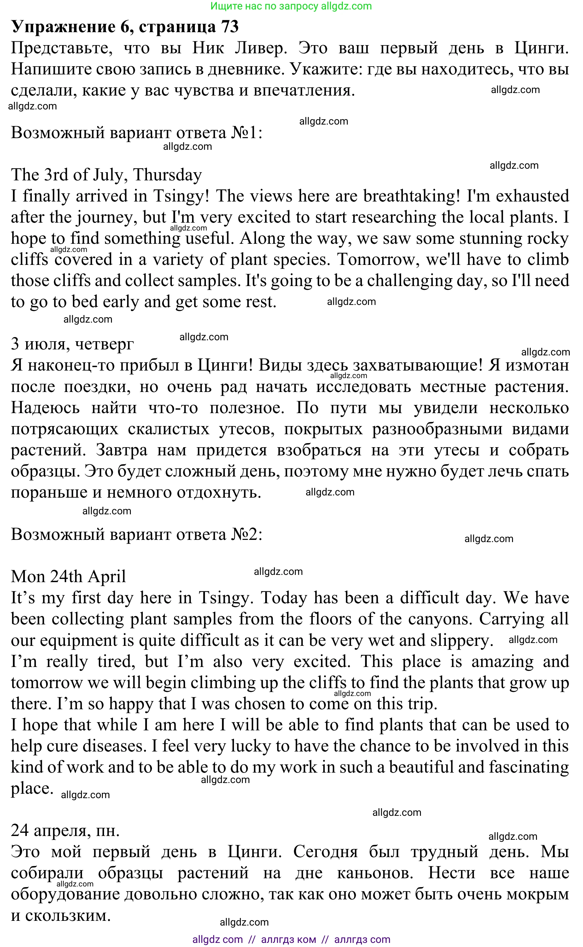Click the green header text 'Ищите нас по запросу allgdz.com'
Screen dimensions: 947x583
(291, 6)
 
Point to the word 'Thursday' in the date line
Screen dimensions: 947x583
(167, 175)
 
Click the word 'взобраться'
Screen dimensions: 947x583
(319, 450)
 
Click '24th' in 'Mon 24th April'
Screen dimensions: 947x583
(66, 577)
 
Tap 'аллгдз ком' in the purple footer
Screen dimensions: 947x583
(289, 939)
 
